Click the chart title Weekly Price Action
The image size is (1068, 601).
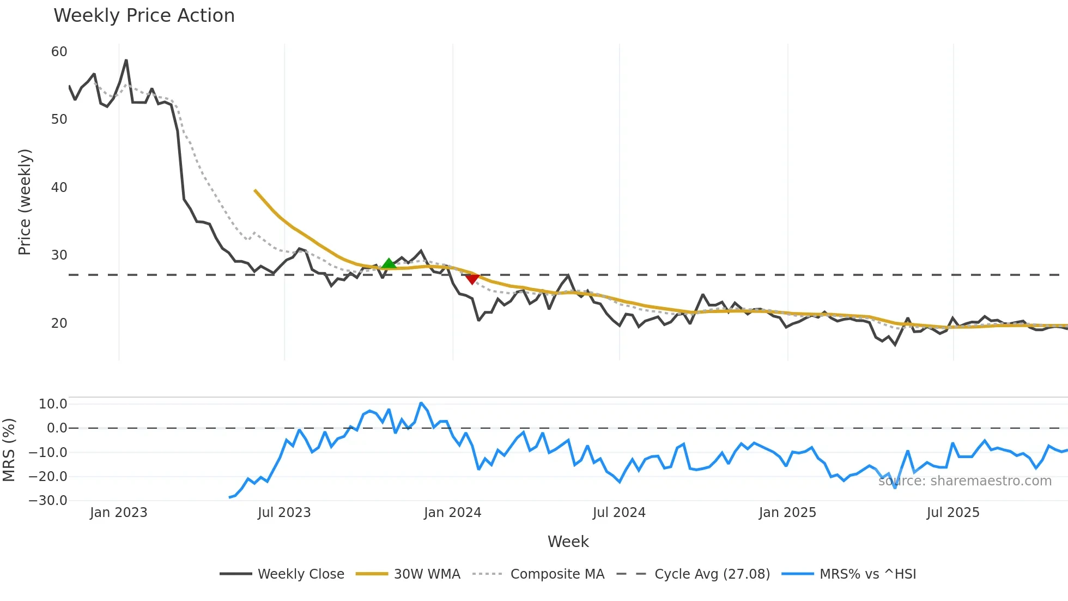pos(144,16)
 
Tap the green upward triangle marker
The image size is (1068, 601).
pos(389,264)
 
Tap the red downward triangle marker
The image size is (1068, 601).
pos(472,279)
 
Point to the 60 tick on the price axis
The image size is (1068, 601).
pos(59,52)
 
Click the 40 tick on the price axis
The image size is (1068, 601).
pos(59,188)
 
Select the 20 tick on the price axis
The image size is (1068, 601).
pos(59,323)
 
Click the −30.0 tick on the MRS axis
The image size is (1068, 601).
pos(48,501)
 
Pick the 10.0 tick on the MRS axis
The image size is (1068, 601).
pos(53,404)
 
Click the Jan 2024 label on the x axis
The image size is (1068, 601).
pos(452,513)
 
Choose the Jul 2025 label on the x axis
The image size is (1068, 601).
pos(953,513)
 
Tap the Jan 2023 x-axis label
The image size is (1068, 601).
pos(119,513)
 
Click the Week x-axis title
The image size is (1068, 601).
pos(568,542)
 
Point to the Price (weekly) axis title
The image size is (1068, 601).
pos(25,202)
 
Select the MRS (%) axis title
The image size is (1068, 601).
pos(9,450)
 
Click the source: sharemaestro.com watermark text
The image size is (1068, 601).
pos(964,481)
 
